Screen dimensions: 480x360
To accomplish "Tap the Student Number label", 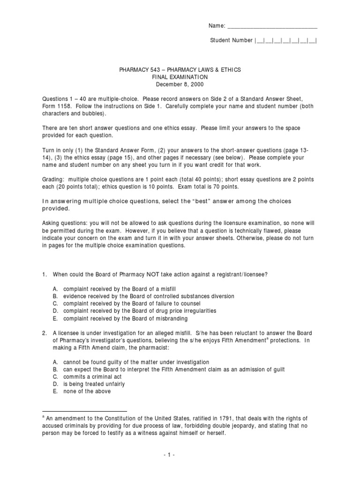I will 231,40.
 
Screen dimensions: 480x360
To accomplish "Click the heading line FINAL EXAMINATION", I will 180,77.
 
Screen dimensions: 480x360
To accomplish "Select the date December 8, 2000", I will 180,84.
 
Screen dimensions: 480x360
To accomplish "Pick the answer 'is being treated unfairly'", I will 94,384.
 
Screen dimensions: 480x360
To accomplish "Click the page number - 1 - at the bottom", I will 180,455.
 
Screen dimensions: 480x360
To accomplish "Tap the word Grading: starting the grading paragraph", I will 52,180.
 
